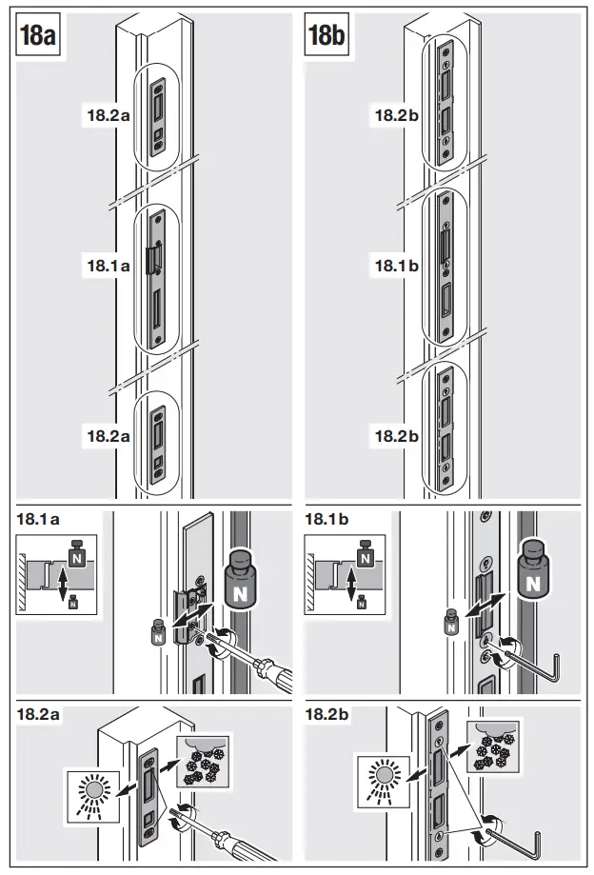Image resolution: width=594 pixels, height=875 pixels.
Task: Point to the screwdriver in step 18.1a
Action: pos(257,662)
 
